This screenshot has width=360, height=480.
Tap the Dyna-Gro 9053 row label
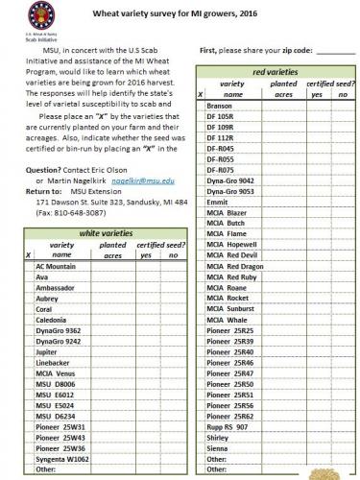[x=230, y=191]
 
